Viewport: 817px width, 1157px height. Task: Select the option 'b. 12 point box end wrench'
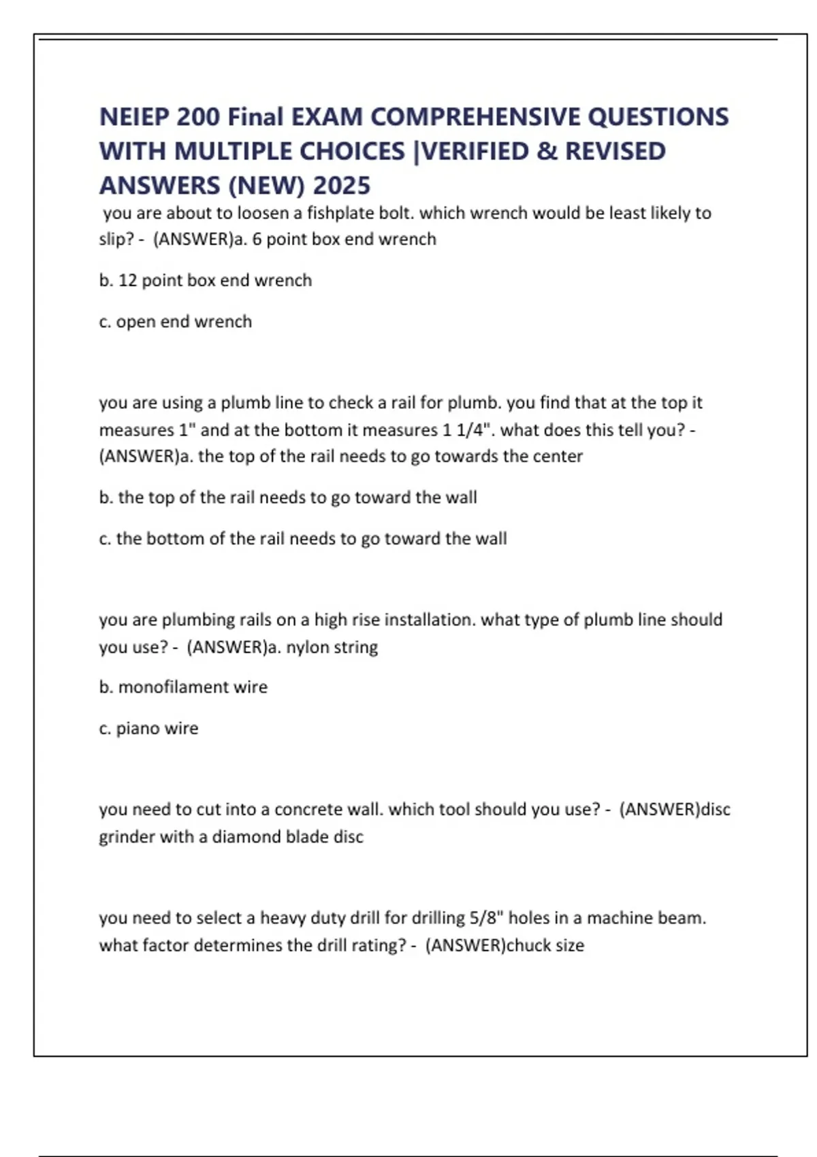click(x=205, y=280)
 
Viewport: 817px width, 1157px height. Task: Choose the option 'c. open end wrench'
click(x=175, y=321)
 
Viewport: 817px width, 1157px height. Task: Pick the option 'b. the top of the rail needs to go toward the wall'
click(x=287, y=498)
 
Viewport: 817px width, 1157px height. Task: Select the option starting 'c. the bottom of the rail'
click(x=302, y=538)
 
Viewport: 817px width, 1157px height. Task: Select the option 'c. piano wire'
click(x=148, y=728)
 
